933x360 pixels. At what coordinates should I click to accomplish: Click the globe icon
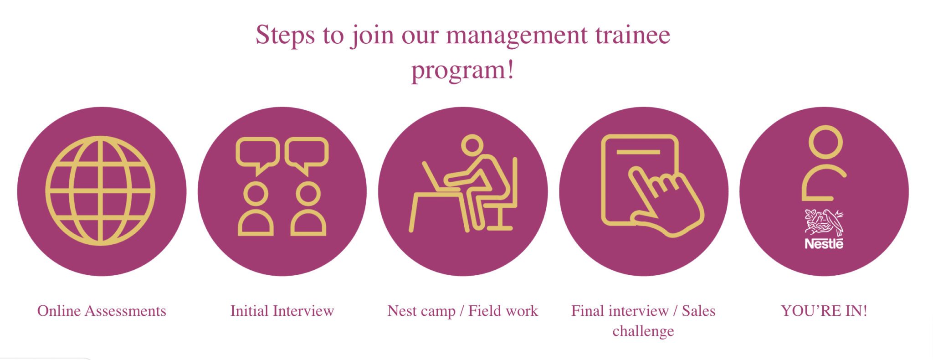100,190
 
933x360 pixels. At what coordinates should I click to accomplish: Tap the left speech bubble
257,152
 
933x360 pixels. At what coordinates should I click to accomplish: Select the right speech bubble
307,152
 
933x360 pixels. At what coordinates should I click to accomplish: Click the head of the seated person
472,145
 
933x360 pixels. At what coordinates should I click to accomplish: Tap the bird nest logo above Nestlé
824,222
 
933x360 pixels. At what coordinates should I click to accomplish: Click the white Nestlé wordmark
824,244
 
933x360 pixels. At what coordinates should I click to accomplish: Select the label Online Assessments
102,311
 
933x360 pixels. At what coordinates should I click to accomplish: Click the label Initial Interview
282,311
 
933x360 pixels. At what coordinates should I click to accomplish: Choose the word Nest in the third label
402,311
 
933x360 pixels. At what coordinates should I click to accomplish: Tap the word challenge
643,331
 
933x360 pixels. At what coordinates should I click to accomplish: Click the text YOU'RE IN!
824,311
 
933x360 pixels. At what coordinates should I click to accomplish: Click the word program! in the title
463,70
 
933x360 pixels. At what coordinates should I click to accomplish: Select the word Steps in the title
285,35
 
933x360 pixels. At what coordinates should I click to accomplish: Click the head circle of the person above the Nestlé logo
825,142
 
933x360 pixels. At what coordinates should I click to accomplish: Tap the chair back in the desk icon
515,182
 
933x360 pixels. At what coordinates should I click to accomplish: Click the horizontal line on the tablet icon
638,152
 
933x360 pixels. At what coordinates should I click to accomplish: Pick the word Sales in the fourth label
698,311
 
